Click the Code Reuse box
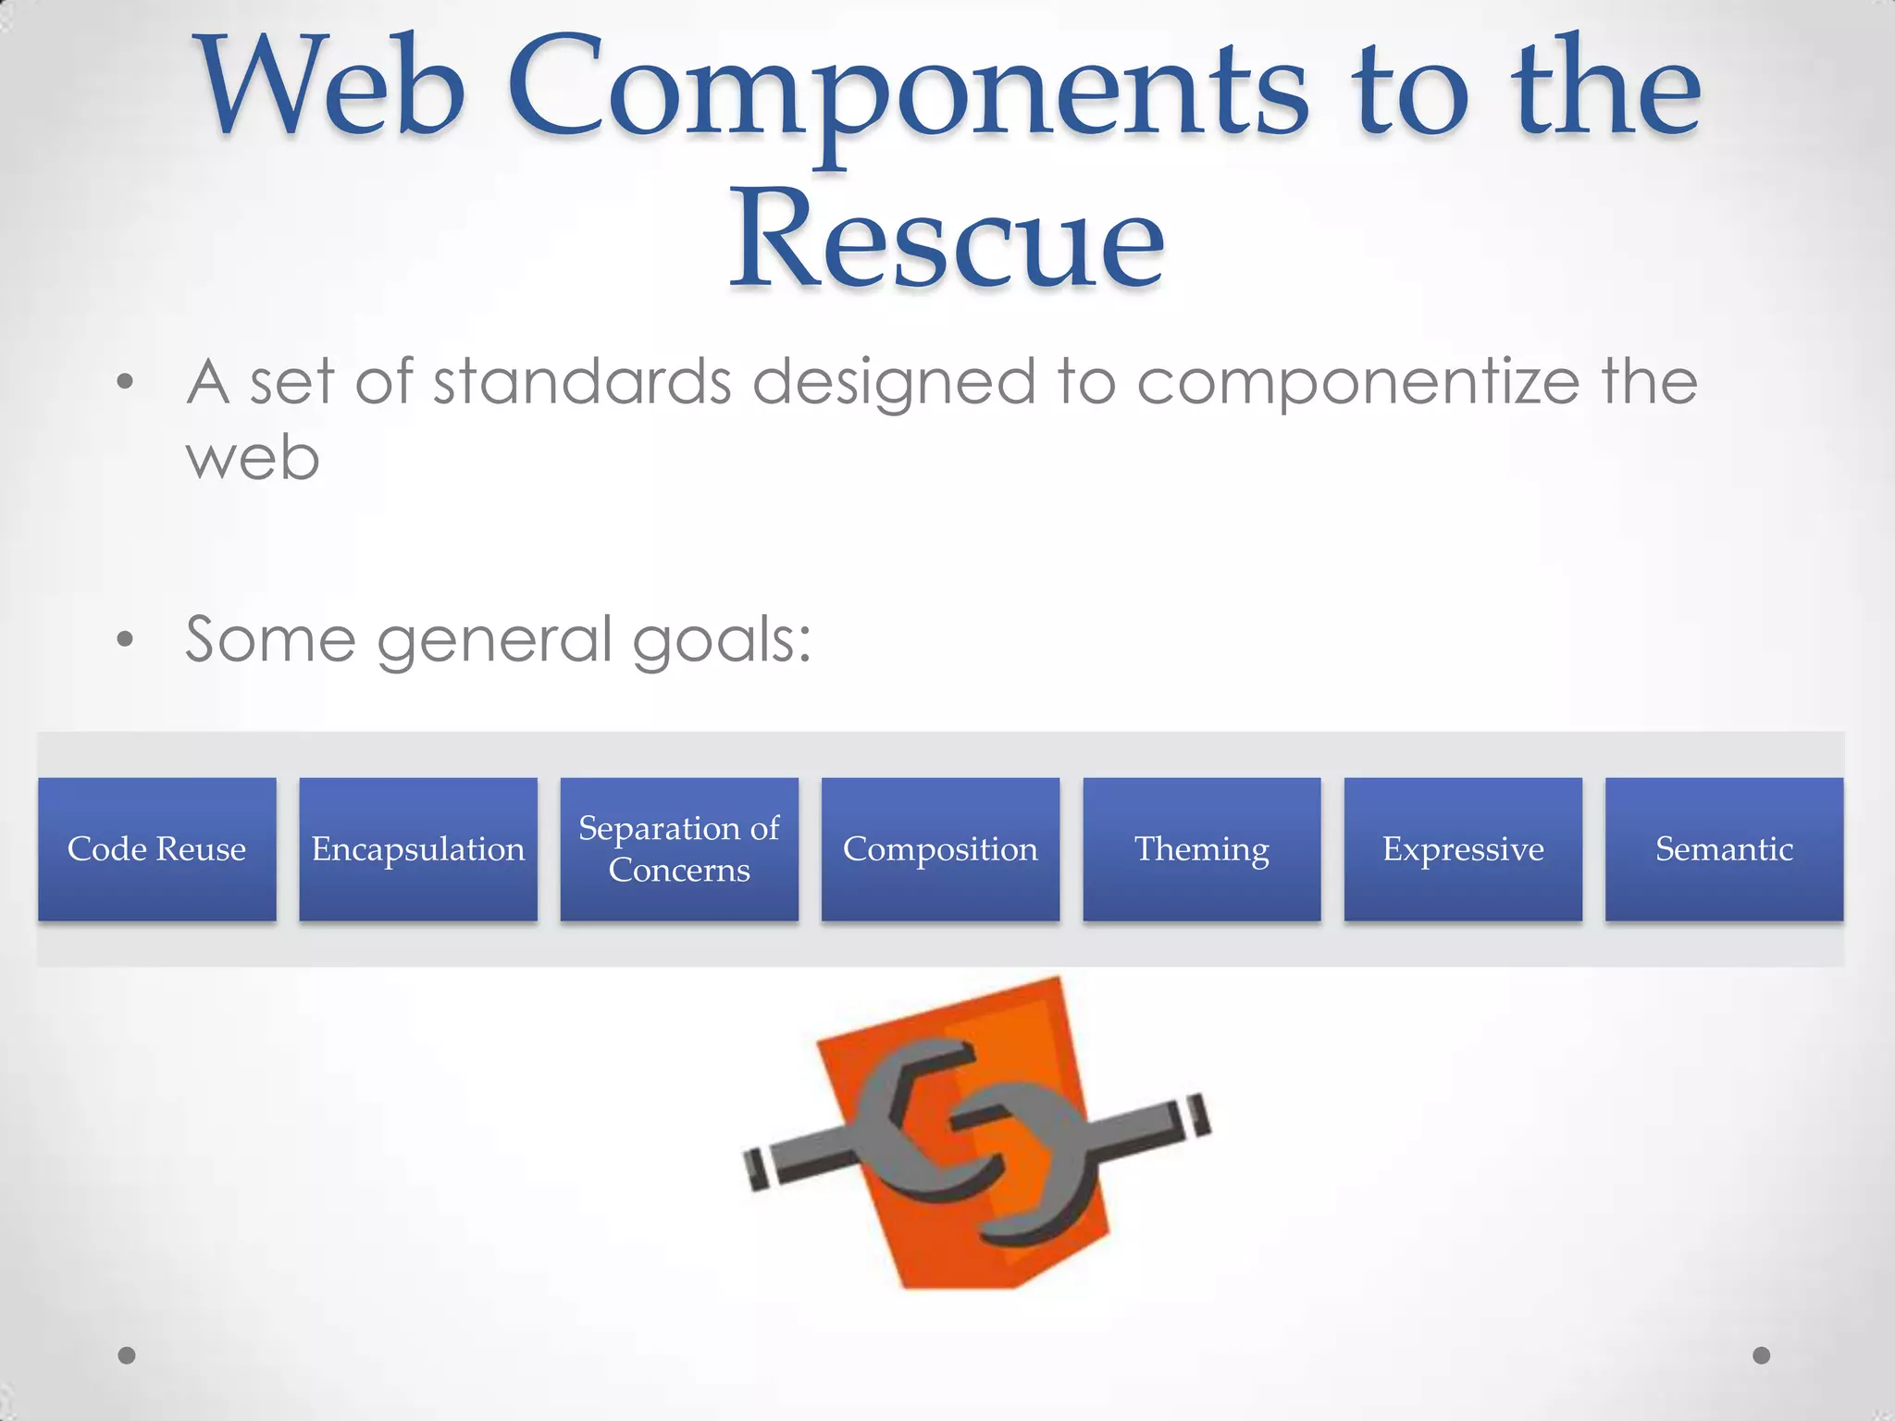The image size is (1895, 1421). pyautogui.click(x=156, y=848)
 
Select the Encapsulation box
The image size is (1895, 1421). pyautogui.click(x=418, y=848)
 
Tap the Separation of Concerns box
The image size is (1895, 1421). pyautogui.click(x=679, y=848)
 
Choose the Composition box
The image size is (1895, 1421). pyautogui.click(x=940, y=848)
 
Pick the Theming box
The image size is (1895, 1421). pyautogui.click(x=1202, y=848)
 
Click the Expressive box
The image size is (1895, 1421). pyautogui.click(x=1463, y=848)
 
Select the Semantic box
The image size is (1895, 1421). pyautogui.click(x=1724, y=848)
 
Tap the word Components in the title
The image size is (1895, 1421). pyautogui.click(x=907, y=93)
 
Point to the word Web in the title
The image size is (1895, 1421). pyautogui.click(x=333, y=88)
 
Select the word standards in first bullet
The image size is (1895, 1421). pyautogui.click(x=583, y=381)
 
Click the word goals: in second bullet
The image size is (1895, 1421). pyautogui.click(x=722, y=641)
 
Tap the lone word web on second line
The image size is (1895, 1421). pyautogui.click(x=253, y=459)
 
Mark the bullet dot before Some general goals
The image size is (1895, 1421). pyautogui.click(x=126, y=639)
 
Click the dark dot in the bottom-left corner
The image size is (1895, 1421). pyautogui.click(x=127, y=1355)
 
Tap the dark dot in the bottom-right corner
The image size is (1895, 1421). pyautogui.click(x=1762, y=1355)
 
